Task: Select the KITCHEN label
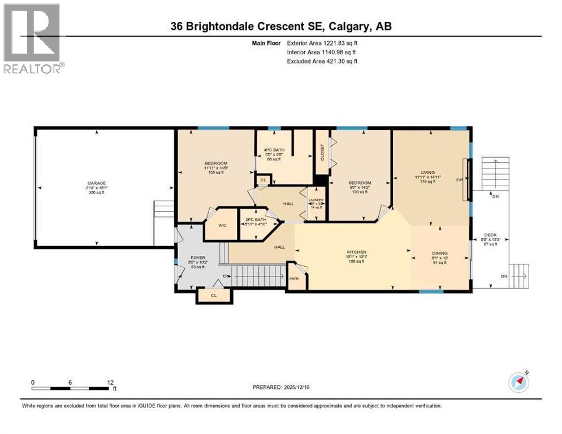pyautogui.click(x=357, y=252)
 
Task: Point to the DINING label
pyautogui.click(x=439, y=253)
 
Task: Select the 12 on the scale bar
pyautogui.click(x=110, y=383)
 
